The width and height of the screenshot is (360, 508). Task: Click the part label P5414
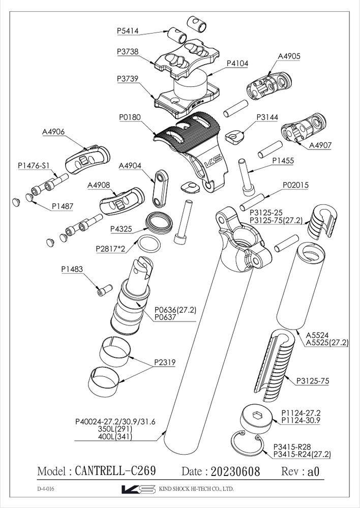(128, 31)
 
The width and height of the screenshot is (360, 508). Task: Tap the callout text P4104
(237, 64)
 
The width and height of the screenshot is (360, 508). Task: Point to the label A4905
(288, 57)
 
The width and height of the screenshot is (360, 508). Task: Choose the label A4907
(320, 145)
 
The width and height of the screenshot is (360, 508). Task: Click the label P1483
(72, 269)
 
